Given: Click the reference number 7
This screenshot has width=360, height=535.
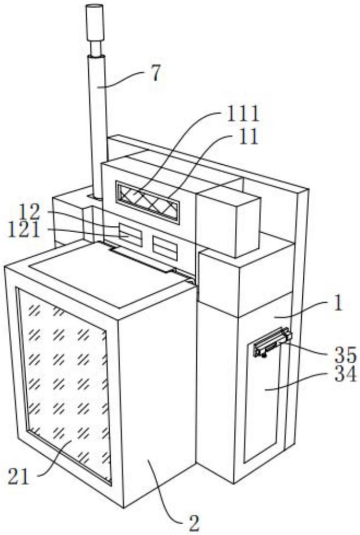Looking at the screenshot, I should (x=154, y=74).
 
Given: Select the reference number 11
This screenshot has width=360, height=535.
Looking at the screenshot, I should (x=247, y=137).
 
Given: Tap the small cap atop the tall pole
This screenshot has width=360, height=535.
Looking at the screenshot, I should (x=94, y=21).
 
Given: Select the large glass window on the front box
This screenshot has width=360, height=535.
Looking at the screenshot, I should (x=64, y=383).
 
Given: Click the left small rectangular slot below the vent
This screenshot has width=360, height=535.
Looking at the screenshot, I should (x=131, y=234).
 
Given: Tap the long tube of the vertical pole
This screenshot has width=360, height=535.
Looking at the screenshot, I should (x=97, y=123).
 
